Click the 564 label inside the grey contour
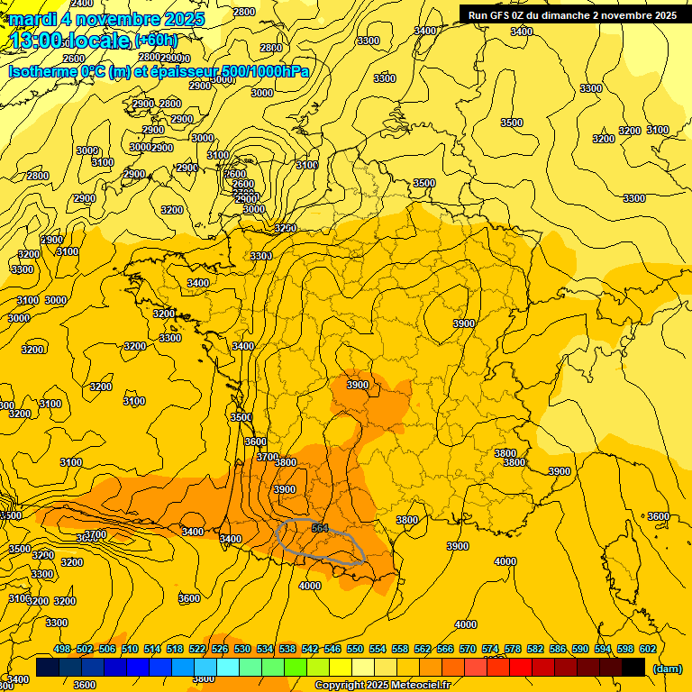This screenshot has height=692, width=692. click(320, 529)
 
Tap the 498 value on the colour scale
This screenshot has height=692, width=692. click(62, 649)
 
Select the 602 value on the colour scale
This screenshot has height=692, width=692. click(648, 649)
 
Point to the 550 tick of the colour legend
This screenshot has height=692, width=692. click(355, 649)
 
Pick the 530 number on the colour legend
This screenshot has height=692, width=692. click(242, 649)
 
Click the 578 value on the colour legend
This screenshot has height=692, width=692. click(513, 649)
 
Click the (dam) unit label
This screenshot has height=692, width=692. click(667, 669)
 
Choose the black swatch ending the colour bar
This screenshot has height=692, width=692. click(633, 668)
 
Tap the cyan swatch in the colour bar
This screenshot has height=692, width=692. click(228, 668)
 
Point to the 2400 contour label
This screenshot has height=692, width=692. click(81, 4)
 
